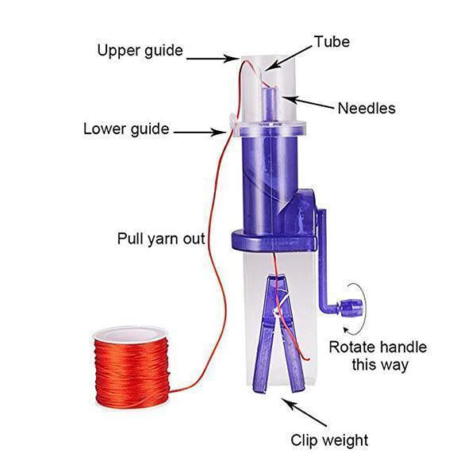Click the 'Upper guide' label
click(140, 51)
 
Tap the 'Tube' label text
click(331, 41)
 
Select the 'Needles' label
click(366, 108)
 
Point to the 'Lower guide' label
click(126, 129)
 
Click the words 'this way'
click(380, 366)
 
